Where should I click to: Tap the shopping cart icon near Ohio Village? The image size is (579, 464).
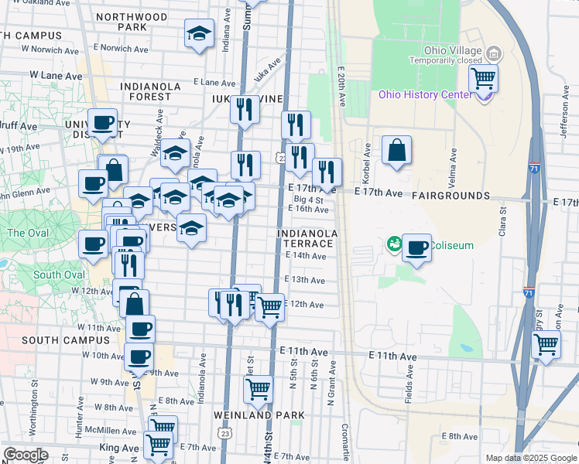(x=483, y=77)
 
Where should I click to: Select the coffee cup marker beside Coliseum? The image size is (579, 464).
(x=416, y=247)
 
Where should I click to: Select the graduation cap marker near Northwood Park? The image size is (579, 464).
(x=199, y=34)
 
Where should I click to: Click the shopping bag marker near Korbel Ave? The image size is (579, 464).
(x=396, y=150)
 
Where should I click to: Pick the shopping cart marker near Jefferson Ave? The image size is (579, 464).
(x=546, y=343)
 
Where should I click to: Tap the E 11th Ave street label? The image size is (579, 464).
(x=393, y=356)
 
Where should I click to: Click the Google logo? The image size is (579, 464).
(x=26, y=455)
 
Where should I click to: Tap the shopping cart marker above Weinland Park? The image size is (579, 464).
(x=258, y=389)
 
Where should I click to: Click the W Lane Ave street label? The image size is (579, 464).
(x=56, y=76)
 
